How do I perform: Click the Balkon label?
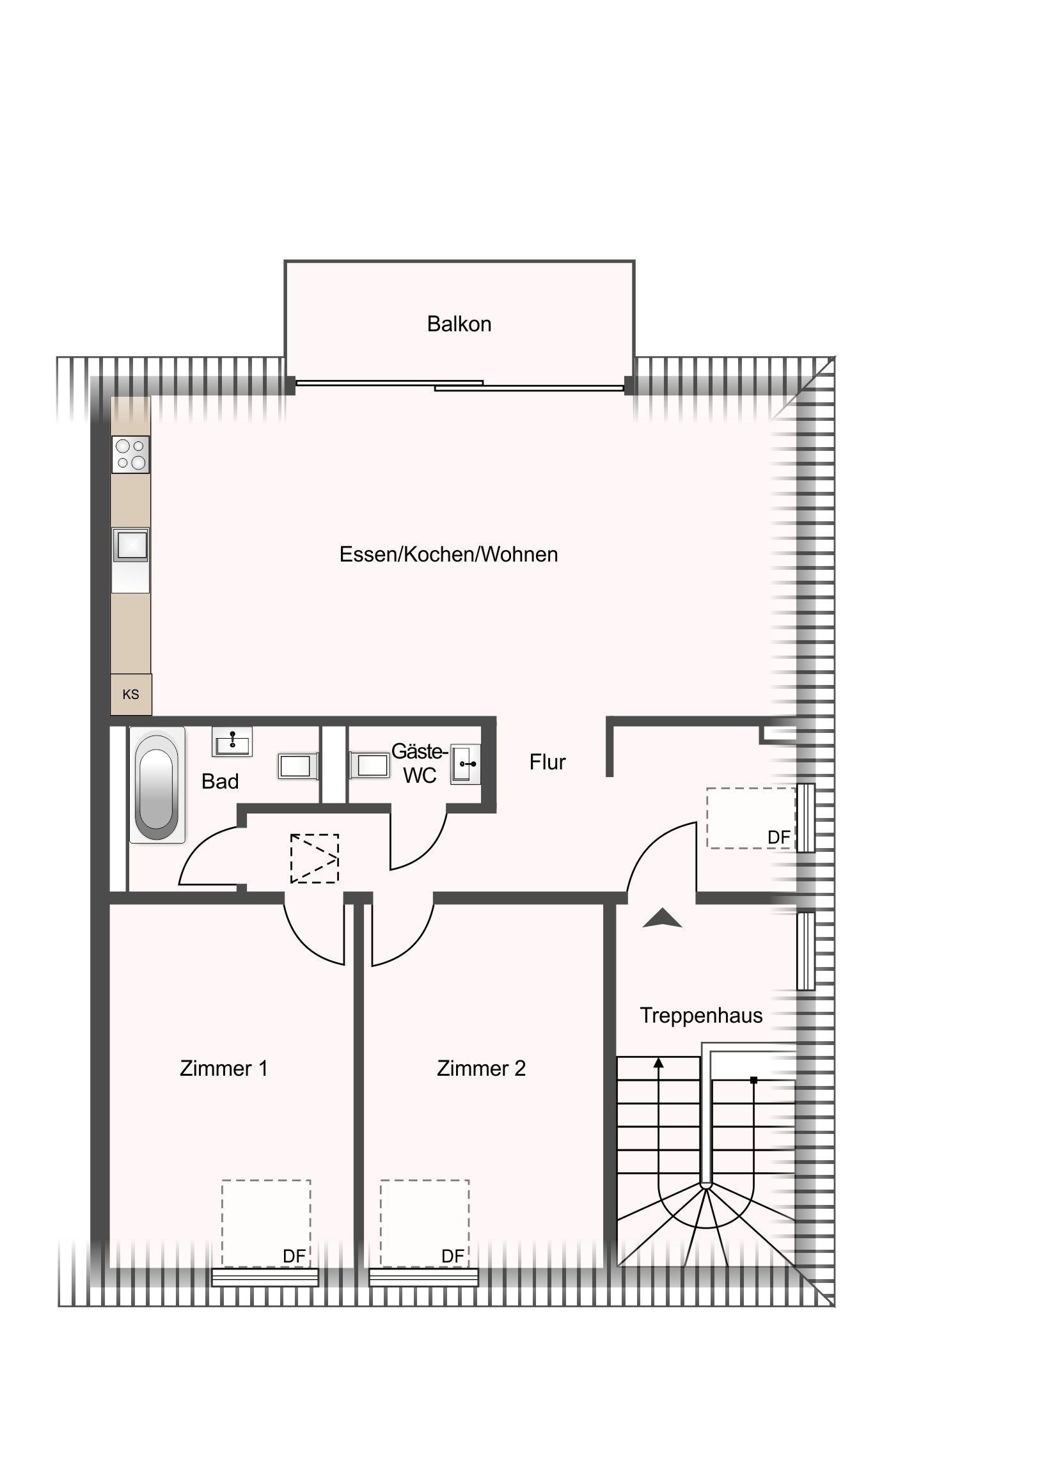[x=459, y=324]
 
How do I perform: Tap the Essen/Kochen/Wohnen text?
[x=448, y=555]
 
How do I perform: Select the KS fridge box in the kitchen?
[x=130, y=695]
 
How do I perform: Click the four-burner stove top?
[x=130, y=454]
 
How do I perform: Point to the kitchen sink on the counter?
[x=130, y=545]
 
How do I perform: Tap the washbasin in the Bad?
[x=232, y=742]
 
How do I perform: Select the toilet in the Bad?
[x=298, y=766]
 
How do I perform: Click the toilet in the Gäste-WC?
[x=370, y=765]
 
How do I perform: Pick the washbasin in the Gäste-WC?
[x=465, y=764]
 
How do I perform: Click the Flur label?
[x=548, y=762]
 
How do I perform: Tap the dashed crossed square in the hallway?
[x=315, y=858]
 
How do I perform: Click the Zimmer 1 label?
[x=224, y=1068]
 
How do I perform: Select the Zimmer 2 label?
[x=481, y=1068]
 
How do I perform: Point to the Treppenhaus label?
[x=701, y=1016]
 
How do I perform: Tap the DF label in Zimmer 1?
[x=294, y=1256]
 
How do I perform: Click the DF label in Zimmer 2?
[x=452, y=1256]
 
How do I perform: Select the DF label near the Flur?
[x=778, y=837]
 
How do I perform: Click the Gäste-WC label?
[x=420, y=763]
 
